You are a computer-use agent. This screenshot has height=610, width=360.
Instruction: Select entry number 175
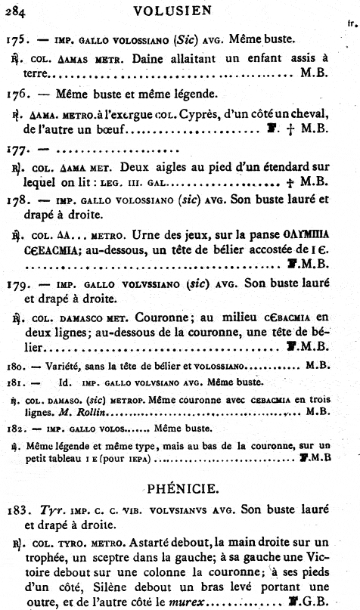click(x=17, y=38)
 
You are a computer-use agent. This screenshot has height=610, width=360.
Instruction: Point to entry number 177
click(x=17, y=147)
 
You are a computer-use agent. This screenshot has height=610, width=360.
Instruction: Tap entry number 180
click(x=14, y=365)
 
